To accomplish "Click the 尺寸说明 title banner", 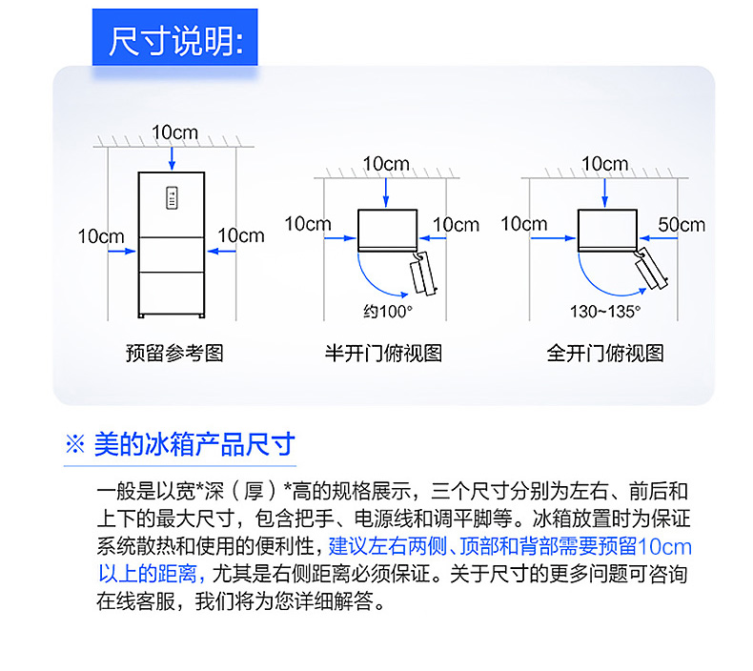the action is pos(174,37).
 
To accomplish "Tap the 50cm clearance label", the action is pos(682,225).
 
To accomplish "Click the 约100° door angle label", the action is pos(388,312).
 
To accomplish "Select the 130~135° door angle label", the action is pos(605,312).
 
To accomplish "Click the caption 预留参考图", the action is pos(174,353).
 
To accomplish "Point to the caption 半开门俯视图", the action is pos(383,353).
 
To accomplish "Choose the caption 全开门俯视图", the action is pos(605,353).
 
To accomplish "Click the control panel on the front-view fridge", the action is pos(172,198).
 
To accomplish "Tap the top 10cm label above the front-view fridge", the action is pos(174,132).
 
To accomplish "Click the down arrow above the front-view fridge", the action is pos(172,159).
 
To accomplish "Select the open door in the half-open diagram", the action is pos(423,274).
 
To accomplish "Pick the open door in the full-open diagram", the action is pos(651,268).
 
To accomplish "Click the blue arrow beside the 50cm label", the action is pos(659,237).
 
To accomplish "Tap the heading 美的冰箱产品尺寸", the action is pos(194,444).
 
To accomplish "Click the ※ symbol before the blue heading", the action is pos(75,444).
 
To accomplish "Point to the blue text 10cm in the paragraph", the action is pos(664,546).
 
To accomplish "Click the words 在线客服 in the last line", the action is pos(136,600).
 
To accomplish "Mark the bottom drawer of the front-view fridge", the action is pos(172,292).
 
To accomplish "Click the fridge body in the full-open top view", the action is pos(607,229).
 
